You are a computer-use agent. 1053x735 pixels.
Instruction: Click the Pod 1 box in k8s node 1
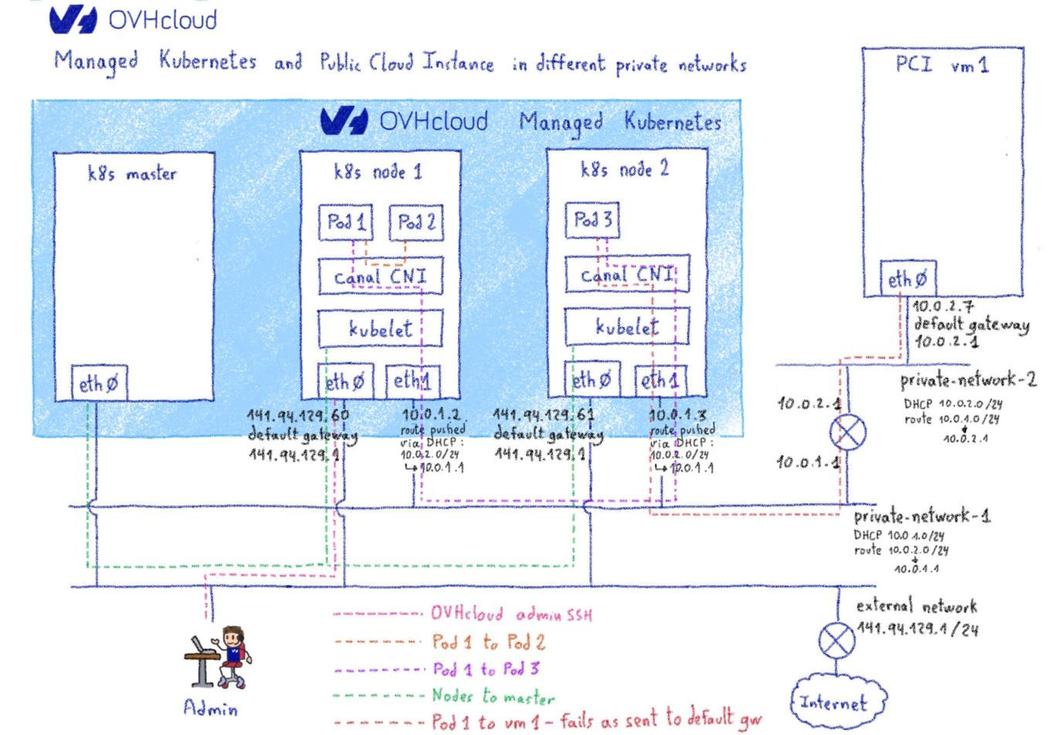pos(346,223)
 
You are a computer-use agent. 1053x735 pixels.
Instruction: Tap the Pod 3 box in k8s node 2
pos(593,221)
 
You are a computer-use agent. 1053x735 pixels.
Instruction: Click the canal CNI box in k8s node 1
pos(380,277)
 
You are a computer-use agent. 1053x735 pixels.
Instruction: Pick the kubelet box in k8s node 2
pos(627,327)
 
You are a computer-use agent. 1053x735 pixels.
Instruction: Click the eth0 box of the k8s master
pos(100,384)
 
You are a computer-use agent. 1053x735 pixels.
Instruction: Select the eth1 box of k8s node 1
pos(413,381)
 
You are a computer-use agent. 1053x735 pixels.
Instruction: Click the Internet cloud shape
pos(837,703)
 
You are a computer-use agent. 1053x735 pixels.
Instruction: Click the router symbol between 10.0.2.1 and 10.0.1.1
pos(847,433)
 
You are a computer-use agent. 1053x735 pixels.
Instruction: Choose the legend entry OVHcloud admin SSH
pos(511,614)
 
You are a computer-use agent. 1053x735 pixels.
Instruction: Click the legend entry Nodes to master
pos(493,696)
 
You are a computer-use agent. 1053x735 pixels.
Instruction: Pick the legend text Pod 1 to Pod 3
pos(485,669)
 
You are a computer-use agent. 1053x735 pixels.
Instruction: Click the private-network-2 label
pos(967,380)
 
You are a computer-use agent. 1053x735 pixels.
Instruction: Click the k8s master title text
pos(131,174)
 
